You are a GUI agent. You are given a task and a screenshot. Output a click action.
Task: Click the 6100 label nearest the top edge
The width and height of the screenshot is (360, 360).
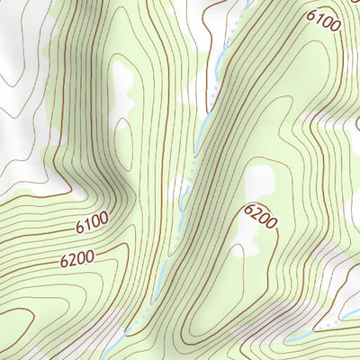[323, 19]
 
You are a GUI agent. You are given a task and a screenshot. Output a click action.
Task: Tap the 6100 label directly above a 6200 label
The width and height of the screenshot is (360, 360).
[92, 222]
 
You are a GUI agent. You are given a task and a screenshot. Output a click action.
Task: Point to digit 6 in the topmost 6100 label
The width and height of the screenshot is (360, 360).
[311, 13]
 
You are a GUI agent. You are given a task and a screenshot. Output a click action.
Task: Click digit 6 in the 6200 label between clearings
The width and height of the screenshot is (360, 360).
[248, 209]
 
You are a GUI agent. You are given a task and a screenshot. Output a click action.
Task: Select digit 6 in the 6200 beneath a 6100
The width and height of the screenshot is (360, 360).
[65, 264]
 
